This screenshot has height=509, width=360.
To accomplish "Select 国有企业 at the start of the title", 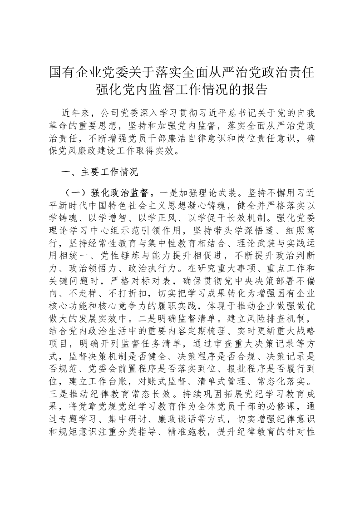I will tap(75, 72).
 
